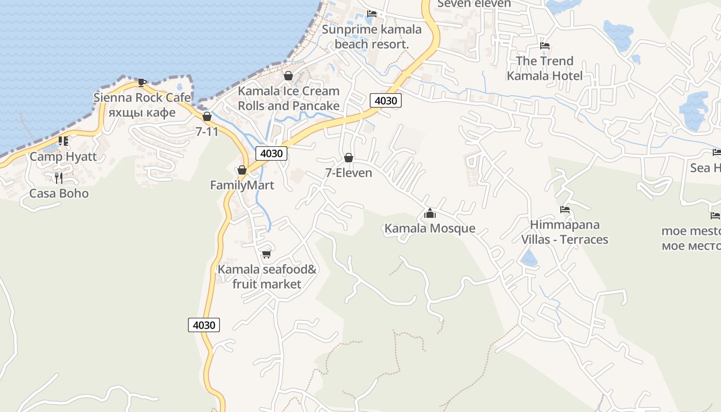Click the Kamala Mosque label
(430, 228)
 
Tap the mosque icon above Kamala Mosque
(430, 213)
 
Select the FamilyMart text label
(242, 185)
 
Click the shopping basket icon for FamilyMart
(242, 170)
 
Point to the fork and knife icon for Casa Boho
(59, 178)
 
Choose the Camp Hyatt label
(63, 157)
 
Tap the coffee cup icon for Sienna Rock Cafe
(142, 82)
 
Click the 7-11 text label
(207, 131)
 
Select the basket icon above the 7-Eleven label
(349, 158)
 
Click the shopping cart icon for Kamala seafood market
(266, 254)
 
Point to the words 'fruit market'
(267, 284)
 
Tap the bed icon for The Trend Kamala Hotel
(545, 46)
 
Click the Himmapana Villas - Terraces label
(564, 232)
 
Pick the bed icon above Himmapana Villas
(565, 210)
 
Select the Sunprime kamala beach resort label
(371, 37)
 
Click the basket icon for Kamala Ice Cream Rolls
(288, 76)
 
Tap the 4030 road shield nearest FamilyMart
(271, 153)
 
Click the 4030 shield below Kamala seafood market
(204, 325)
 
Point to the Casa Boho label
(59, 194)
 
